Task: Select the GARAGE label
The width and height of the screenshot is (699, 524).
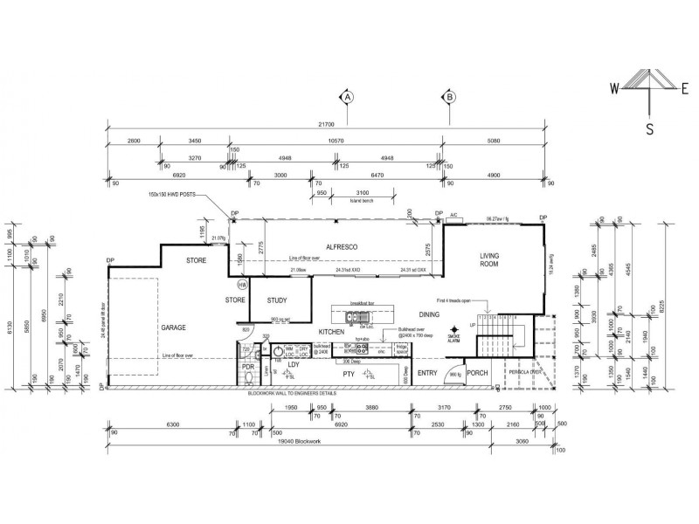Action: (173, 327)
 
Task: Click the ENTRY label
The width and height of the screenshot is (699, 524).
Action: (427, 373)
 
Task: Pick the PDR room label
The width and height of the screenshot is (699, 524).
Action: (247, 367)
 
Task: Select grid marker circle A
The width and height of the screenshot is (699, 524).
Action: (347, 97)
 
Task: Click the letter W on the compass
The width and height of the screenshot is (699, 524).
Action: (615, 87)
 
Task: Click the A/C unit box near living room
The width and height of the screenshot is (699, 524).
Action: (454, 219)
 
